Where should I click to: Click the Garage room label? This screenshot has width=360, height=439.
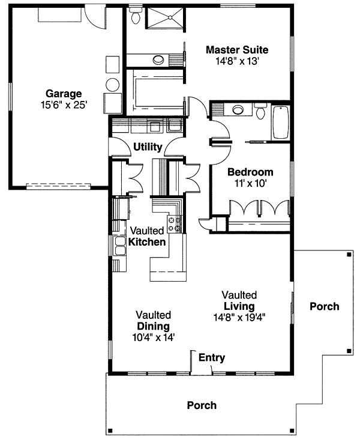click(x=63, y=93)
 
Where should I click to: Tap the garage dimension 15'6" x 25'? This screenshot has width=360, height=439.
click(x=63, y=104)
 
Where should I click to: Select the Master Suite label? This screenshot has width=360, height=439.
click(x=236, y=49)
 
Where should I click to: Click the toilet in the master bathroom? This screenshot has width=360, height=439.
click(x=136, y=16)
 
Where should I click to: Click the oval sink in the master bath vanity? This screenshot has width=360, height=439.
click(x=159, y=60)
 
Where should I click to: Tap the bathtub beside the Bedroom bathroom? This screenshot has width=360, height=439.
click(x=280, y=123)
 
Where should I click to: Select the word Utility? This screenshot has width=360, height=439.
click(x=148, y=146)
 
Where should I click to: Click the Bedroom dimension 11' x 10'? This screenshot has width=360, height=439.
click(x=250, y=183)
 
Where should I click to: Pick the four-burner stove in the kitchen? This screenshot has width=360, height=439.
click(x=175, y=225)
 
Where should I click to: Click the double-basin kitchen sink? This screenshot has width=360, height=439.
click(x=118, y=246)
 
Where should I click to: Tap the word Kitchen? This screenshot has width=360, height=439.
click(x=147, y=242)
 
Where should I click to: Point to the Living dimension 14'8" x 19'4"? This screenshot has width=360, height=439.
click(x=239, y=317)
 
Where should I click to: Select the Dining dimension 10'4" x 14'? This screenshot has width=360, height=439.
click(x=153, y=336)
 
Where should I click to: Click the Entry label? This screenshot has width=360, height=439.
click(x=212, y=358)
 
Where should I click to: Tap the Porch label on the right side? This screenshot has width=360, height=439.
click(x=324, y=306)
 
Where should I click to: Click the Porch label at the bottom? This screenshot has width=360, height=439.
click(x=202, y=405)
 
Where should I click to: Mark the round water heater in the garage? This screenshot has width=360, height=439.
click(x=112, y=83)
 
